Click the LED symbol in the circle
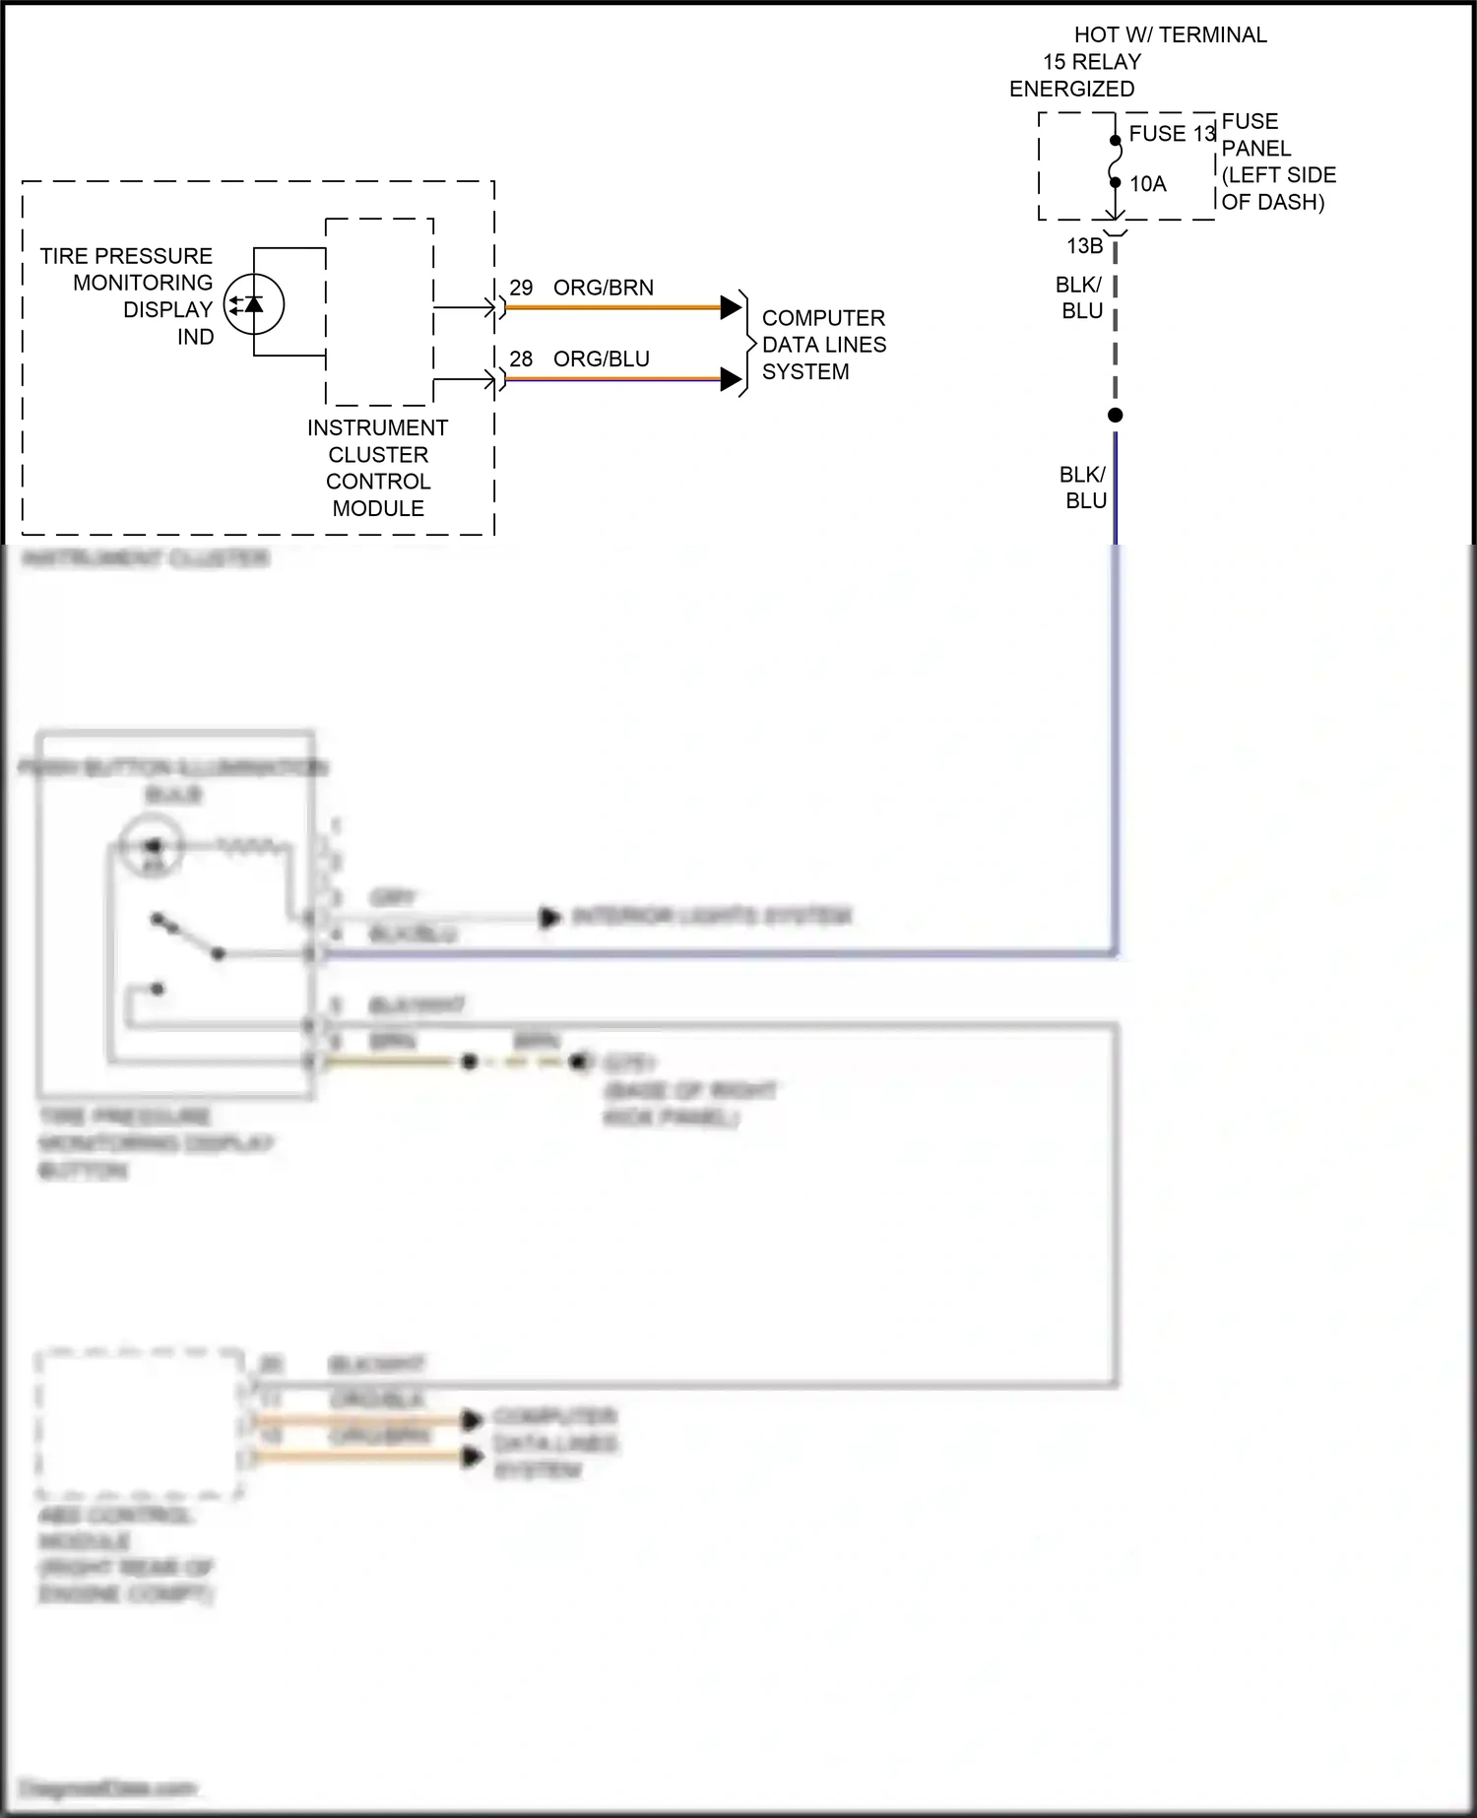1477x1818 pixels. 253,304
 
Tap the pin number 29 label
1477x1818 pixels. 521,288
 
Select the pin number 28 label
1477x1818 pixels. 521,358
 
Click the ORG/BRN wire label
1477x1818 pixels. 603,288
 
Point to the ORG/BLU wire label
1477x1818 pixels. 601,358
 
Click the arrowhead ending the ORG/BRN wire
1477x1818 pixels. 731,307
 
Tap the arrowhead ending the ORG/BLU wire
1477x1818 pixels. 731,379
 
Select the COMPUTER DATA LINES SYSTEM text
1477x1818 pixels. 823,345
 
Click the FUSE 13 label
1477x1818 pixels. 1172,134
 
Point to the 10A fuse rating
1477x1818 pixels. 1147,184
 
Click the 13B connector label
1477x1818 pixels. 1084,246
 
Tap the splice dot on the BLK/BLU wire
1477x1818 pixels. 1115,416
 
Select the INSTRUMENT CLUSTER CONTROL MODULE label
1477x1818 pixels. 378,468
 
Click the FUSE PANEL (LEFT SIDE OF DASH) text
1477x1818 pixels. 1277,162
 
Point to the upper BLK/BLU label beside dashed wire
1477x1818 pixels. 1079,297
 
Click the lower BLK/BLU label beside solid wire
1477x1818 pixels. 1083,487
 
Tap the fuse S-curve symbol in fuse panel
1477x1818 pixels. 1115,162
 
